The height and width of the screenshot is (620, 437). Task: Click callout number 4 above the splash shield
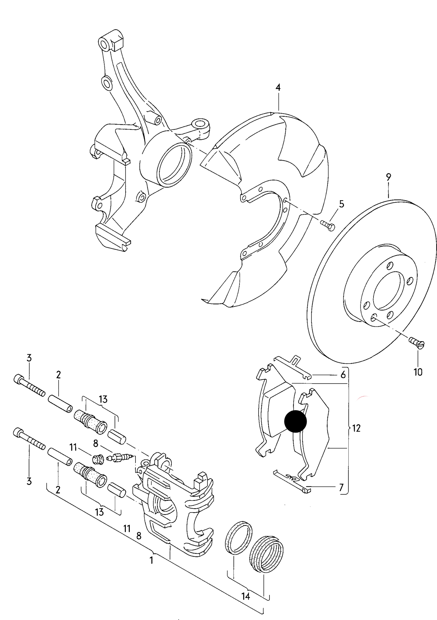pyautogui.click(x=278, y=88)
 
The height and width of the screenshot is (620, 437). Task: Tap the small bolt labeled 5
pyautogui.click(x=327, y=225)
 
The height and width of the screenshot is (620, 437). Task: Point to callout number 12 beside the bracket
pyautogui.click(x=357, y=428)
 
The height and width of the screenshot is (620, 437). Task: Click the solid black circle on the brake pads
pyautogui.click(x=295, y=421)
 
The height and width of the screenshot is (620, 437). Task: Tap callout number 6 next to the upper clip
pyautogui.click(x=343, y=375)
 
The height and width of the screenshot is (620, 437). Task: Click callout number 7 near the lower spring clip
pyautogui.click(x=341, y=487)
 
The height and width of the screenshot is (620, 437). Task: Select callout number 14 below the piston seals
pyautogui.click(x=246, y=596)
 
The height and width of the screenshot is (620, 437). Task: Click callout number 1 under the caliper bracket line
pyautogui.click(x=152, y=561)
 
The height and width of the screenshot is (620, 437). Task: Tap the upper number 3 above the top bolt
pyautogui.click(x=29, y=358)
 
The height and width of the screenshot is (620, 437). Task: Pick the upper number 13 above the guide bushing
pyautogui.click(x=103, y=400)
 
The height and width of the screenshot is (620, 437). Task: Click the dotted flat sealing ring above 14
pyautogui.click(x=239, y=538)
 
